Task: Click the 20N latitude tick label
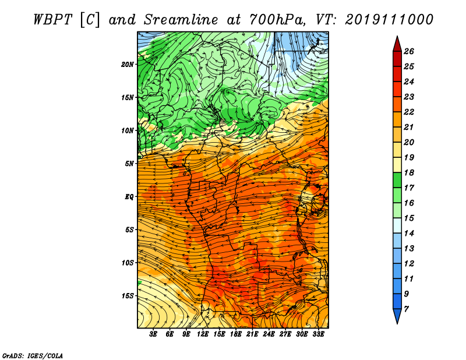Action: [x=128, y=64]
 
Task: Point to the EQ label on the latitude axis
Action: [x=129, y=196]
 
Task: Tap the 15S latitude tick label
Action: [x=128, y=296]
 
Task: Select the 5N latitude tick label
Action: [x=129, y=164]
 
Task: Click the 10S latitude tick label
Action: [x=128, y=263]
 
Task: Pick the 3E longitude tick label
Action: [x=153, y=334]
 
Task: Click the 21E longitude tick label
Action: [x=252, y=334]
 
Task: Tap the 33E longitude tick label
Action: [x=318, y=334]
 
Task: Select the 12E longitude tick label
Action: [x=203, y=334]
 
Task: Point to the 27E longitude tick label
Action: [x=285, y=334]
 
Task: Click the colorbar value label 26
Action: [x=409, y=51]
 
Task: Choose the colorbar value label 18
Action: [x=409, y=172]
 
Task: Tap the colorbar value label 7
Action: [x=406, y=309]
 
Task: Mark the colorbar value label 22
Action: [x=409, y=112]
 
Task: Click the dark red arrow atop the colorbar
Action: [x=397, y=44]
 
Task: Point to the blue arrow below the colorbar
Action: [x=397, y=316]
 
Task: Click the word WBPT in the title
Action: [x=53, y=20]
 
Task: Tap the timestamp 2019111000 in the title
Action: [x=389, y=20]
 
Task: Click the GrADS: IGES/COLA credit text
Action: [x=33, y=355]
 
